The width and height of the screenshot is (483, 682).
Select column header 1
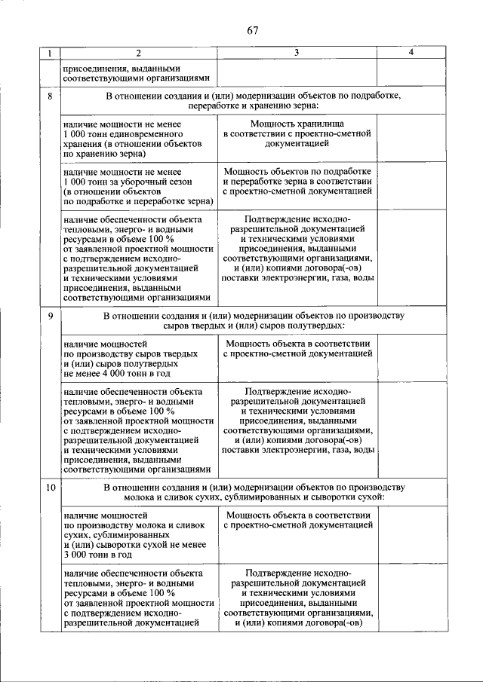tap(50, 53)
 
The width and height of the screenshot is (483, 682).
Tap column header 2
tap(139, 53)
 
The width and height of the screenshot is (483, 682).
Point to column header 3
tap(297, 53)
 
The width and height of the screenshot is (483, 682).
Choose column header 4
tap(411, 53)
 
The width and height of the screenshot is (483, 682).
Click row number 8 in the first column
tap(50, 97)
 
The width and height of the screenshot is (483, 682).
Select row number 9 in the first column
tap(50, 315)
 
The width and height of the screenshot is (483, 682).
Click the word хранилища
tap(325, 123)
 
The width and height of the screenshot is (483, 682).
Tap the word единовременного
tap(150, 133)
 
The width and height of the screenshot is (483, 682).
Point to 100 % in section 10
tap(162, 592)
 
